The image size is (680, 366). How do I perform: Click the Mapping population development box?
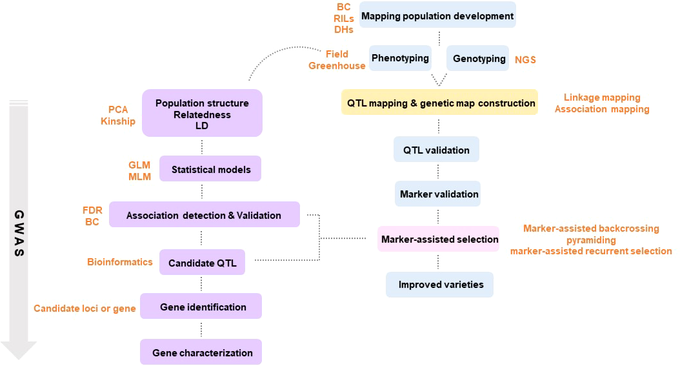[437, 15]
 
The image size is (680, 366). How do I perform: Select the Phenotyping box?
[400, 58]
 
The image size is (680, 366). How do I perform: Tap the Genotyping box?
[479, 58]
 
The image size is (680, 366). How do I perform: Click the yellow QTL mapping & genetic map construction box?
[439, 103]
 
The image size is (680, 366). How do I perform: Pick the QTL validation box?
[436, 150]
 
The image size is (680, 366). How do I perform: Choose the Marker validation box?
[439, 194]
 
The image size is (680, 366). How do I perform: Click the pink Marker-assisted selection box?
[439, 239]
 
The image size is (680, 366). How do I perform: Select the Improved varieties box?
[440, 285]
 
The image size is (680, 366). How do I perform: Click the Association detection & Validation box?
[204, 215]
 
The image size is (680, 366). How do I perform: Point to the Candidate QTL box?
[203, 263]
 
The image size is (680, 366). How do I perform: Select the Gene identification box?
[201, 307]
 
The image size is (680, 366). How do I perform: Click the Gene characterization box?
[201, 352]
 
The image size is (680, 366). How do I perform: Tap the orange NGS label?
[525, 59]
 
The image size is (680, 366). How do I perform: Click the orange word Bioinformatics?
[120, 262]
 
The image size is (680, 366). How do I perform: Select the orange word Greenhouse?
[337, 65]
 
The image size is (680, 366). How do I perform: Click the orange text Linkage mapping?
[602, 97]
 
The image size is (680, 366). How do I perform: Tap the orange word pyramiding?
[590, 239]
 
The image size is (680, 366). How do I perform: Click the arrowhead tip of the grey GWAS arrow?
[19, 357]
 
